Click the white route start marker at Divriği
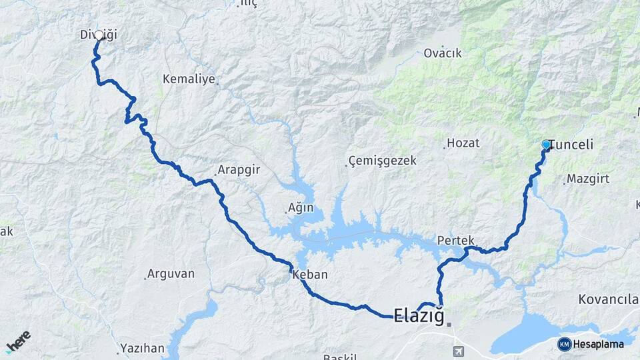coord(99,35)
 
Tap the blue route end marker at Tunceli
coord(546,144)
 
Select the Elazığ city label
coord(419,315)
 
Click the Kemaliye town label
coord(189,79)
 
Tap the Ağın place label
coord(300,208)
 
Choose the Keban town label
coord(310,275)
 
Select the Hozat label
coord(463,143)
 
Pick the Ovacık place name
coord(443,53)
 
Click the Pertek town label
coord(456,240)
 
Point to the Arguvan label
coord(171,273)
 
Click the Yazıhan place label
coord(141,348)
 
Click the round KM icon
coord(564,344)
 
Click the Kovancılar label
coord(610,298)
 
